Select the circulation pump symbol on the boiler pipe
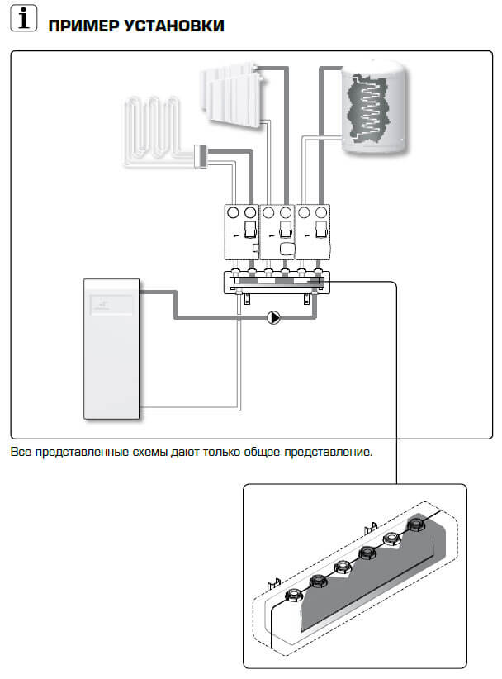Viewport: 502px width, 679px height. click(x=273, y=317)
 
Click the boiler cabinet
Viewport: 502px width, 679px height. click(x=111, y=349)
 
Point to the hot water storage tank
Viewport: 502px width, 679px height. click(x=374, y=107)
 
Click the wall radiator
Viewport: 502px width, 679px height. click(x=232, y=94)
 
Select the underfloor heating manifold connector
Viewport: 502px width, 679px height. click(x=201, y=157)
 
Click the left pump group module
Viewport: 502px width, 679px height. click(x=241, y=231)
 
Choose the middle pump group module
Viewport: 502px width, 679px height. click(x=277, y=231)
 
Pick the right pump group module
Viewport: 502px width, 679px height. click(x=312, y=231)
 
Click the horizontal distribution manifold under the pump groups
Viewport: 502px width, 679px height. click(x=277, y=283)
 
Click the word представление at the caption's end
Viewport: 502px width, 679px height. click(x=328, y=453)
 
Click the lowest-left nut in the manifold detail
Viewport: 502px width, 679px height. click(x=294, y=596)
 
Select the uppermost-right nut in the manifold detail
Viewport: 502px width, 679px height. click(x=416, y=524)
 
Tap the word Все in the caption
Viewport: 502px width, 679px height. click(x=21, y=452)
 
